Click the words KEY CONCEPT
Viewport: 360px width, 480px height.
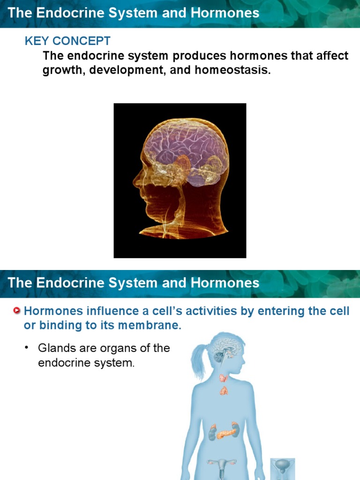coord(67,41)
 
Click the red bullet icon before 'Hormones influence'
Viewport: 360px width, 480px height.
coord(17,311)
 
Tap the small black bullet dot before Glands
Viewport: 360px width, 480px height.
coord(27,348)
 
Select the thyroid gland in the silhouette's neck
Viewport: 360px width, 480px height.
coord(224,378)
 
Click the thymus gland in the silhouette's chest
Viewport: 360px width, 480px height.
coord(224,390)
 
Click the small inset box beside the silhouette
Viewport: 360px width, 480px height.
coord(283,468)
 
